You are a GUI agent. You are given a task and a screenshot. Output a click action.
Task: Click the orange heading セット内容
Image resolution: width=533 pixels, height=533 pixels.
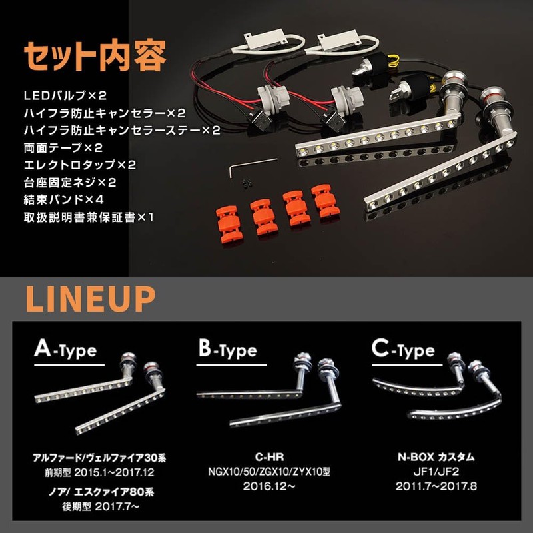(x=95, y=56)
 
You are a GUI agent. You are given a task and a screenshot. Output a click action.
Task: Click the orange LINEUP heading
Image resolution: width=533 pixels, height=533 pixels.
(x=91, y=299)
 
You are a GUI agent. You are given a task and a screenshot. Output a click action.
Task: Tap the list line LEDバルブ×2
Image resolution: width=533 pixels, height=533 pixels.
(x=65, y=95)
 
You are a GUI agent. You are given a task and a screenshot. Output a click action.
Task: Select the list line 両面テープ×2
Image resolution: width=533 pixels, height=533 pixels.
(x=63, y=147)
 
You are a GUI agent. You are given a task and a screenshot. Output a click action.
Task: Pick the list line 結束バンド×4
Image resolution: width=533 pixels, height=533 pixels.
(x=63, y=199)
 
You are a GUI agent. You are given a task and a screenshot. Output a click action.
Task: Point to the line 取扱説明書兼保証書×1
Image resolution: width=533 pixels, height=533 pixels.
(x=89, y=217)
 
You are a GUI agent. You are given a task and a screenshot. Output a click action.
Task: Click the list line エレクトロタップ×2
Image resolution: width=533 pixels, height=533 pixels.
(x=80, y=165)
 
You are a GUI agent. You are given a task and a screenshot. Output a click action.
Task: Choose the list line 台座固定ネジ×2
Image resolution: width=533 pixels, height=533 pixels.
(x=70, y=182)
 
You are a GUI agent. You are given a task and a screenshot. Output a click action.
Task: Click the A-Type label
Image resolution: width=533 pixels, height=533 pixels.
(x=65, y=350)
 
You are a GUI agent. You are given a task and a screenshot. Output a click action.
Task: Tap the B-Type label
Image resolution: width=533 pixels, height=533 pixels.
(x=227, y=350)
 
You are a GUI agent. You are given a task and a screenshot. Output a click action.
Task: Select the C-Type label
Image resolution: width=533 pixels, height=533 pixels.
(x=403, y=350)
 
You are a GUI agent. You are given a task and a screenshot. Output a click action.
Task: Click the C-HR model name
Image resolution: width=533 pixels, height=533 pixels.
(x=269, y=457)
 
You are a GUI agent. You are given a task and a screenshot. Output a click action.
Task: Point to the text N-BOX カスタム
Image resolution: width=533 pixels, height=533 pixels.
(x=436, y=457)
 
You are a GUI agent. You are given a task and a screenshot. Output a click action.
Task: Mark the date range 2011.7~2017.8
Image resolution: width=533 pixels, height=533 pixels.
(x=436, y=486)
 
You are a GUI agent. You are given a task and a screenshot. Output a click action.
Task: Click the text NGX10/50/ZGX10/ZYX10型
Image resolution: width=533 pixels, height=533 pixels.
(x=269, y=472)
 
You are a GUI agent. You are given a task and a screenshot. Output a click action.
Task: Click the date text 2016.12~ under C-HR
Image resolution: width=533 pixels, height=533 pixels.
(x=269, y=486)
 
